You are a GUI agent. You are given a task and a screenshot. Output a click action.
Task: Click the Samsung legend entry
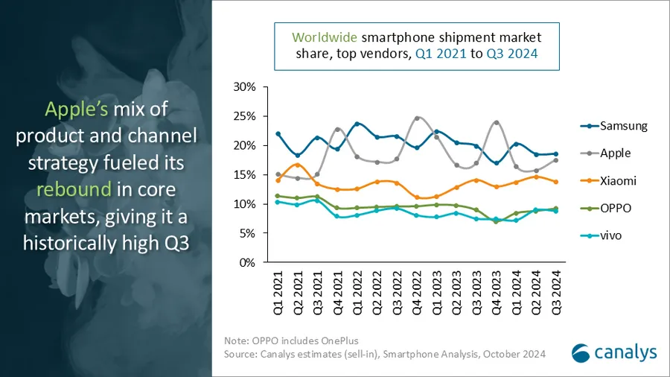[613, 126]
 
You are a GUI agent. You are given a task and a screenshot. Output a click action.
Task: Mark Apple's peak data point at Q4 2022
[417, 118]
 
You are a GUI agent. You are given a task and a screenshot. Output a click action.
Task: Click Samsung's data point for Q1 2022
[357, 124]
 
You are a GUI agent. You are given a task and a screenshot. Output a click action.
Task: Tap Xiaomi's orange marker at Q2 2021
[298, 165]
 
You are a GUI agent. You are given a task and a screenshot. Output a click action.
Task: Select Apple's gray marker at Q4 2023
[497, 122]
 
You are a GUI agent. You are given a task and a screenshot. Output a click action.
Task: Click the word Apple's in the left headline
[77, 110]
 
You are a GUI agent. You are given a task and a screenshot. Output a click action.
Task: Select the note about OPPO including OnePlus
[291, 340]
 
